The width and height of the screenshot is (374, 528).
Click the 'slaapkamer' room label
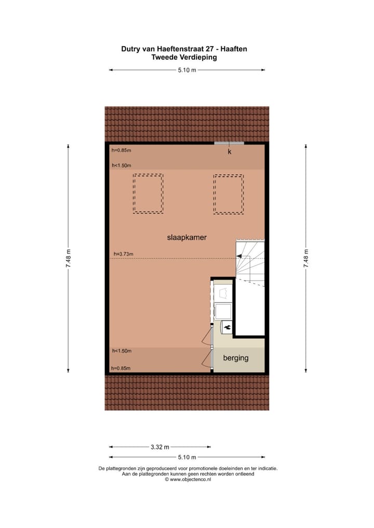tap(187, 238)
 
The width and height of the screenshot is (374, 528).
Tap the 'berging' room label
tap(236, 358)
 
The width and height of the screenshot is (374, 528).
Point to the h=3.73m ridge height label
tap(124, 254)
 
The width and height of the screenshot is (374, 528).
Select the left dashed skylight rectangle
tap(148, 193)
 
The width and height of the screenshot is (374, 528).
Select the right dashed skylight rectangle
tap(228, 193)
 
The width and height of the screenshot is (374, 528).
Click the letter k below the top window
tap(230, 152)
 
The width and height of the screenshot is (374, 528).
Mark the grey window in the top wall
tap(229, 143)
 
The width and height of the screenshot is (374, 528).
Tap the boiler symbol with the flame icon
tap(227, 328)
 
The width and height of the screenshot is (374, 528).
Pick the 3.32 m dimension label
tap(160, 447)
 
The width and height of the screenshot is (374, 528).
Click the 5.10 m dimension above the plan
tap(187, 70)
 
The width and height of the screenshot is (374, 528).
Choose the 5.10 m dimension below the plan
tap(187, 457)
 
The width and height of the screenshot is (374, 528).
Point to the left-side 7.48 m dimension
tap(69, 258)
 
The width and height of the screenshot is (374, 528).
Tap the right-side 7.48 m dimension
tap(306, 258)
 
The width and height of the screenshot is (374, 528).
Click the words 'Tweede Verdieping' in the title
tap(184, 58)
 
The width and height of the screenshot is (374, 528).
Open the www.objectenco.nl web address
tap(190, 480)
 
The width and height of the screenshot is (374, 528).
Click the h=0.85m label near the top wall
tap(122, 151)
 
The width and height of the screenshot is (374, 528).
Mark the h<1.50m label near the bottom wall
tap(122, 351)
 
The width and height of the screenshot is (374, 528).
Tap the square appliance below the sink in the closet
tap(223, 311)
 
